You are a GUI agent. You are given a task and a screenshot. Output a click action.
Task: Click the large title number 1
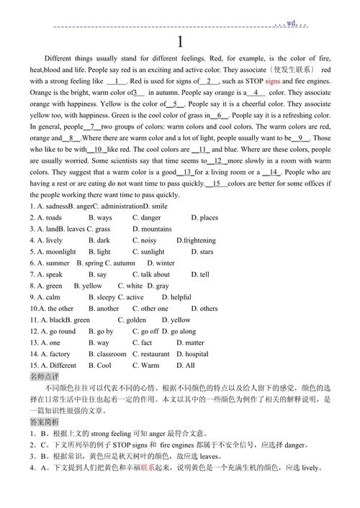[x=180, y=42]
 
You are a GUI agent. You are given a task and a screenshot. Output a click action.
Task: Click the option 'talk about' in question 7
[x=156, y=274]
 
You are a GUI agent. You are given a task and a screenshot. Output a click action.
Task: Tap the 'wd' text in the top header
[x=291, y=23]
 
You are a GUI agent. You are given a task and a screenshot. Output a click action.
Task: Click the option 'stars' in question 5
[x=206, y=252]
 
